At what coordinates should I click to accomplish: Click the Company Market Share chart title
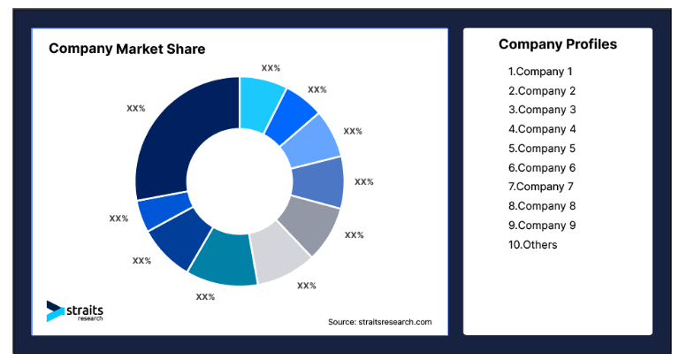click(x=126, y=50)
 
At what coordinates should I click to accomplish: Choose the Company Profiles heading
click(x=557, y=44)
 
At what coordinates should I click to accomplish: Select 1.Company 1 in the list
click(x=540, y=72)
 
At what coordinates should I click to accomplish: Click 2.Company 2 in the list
click(x=541, y=91)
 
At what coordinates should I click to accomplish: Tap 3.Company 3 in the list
click(x=541, y=110)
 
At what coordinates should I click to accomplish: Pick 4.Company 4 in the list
click(x=541, y=129)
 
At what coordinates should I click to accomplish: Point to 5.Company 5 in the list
click(x=541, y=149)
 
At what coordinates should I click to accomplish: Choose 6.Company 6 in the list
click(x=541, y=168)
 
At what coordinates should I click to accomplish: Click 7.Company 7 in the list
click(x=540, y=187)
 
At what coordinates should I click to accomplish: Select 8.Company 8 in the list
click(x=541, y=206)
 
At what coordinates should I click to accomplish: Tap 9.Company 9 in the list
click(x=541, y=226)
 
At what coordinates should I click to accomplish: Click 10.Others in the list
click(x=532, y=245)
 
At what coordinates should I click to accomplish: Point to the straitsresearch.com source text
click(x=379, y=322)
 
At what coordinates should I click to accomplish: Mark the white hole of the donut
click(x=240, y=180)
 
